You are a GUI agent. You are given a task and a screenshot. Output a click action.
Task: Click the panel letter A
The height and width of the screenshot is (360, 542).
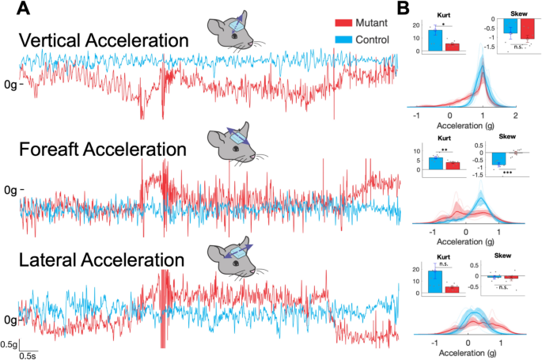25,10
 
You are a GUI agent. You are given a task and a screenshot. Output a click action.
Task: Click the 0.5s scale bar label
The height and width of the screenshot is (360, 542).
31,355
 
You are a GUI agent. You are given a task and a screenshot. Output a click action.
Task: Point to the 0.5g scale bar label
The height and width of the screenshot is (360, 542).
9,344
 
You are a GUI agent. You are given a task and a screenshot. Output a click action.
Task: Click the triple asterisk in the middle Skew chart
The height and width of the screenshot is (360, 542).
502,173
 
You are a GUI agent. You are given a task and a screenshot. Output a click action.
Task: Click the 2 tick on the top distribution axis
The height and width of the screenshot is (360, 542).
515,115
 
